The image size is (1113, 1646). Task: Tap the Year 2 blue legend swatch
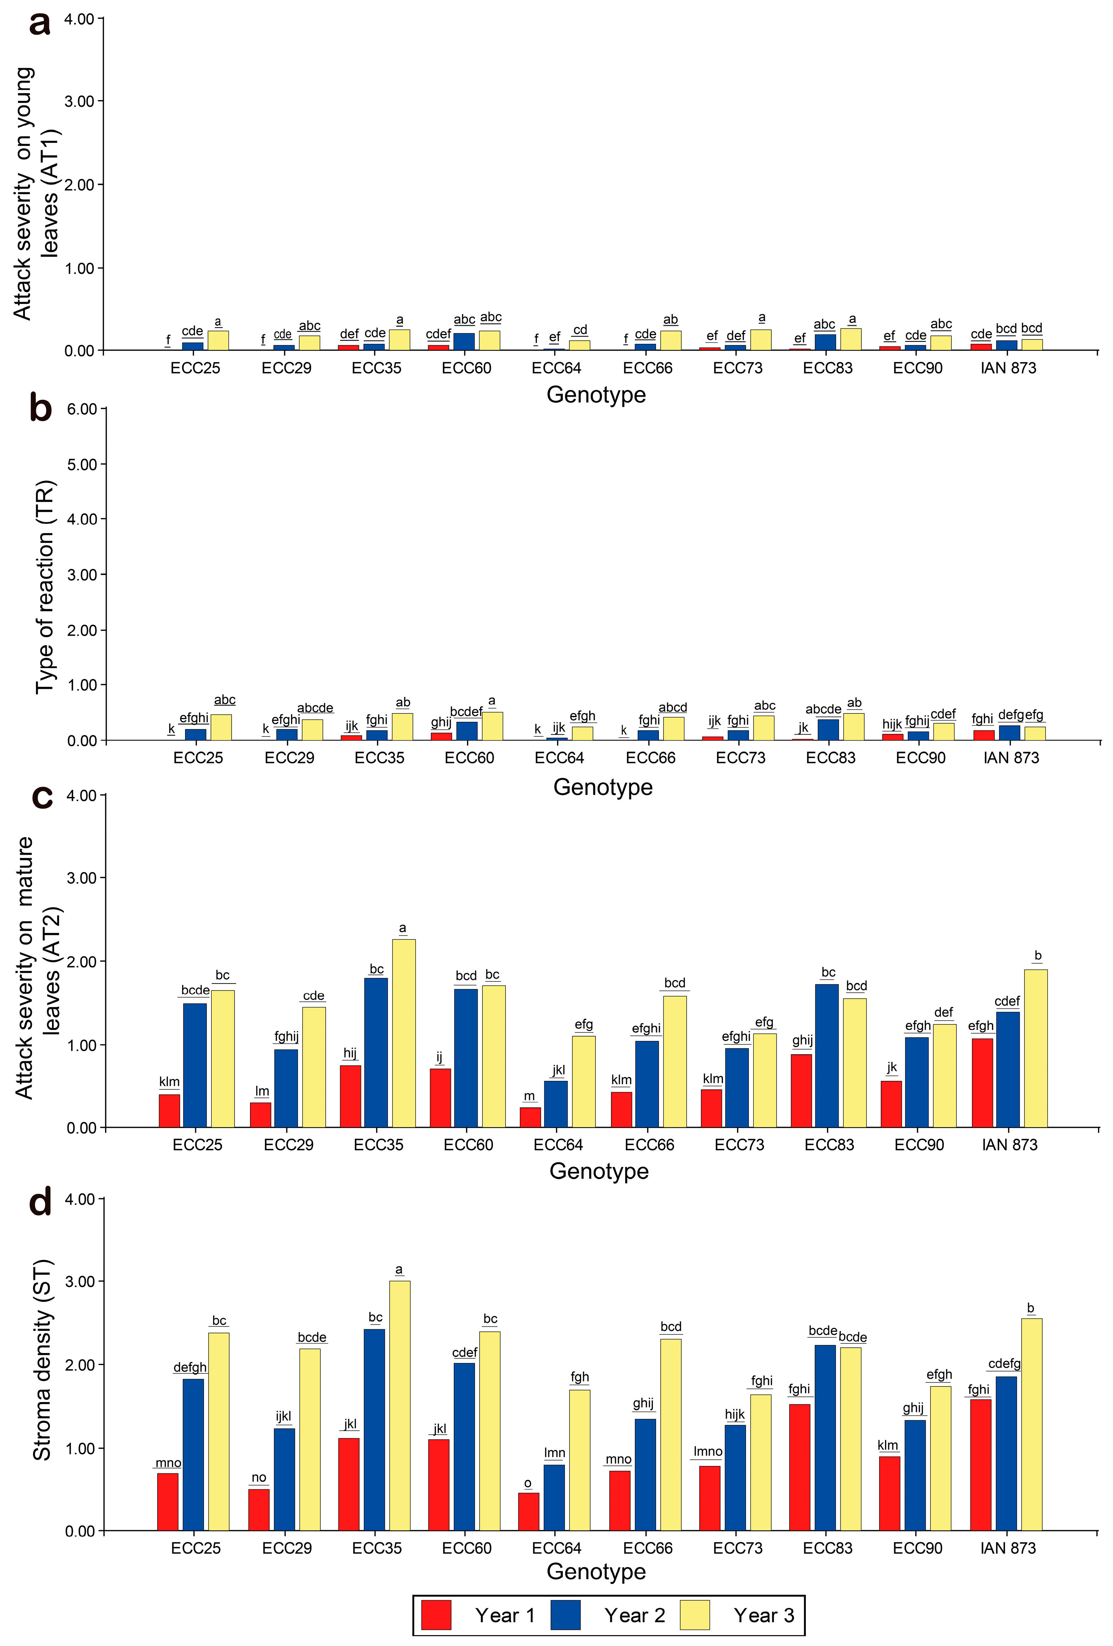(565, 1614)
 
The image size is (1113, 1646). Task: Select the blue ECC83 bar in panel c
(827, 1055)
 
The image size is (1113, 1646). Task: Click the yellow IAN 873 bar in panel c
(1036, 1048)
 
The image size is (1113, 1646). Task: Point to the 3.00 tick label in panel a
(79, 101)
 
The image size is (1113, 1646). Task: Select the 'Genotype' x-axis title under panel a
(596, 395)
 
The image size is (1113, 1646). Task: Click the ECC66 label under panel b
(650, 758)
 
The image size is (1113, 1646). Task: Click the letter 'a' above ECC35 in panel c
(402, 928)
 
